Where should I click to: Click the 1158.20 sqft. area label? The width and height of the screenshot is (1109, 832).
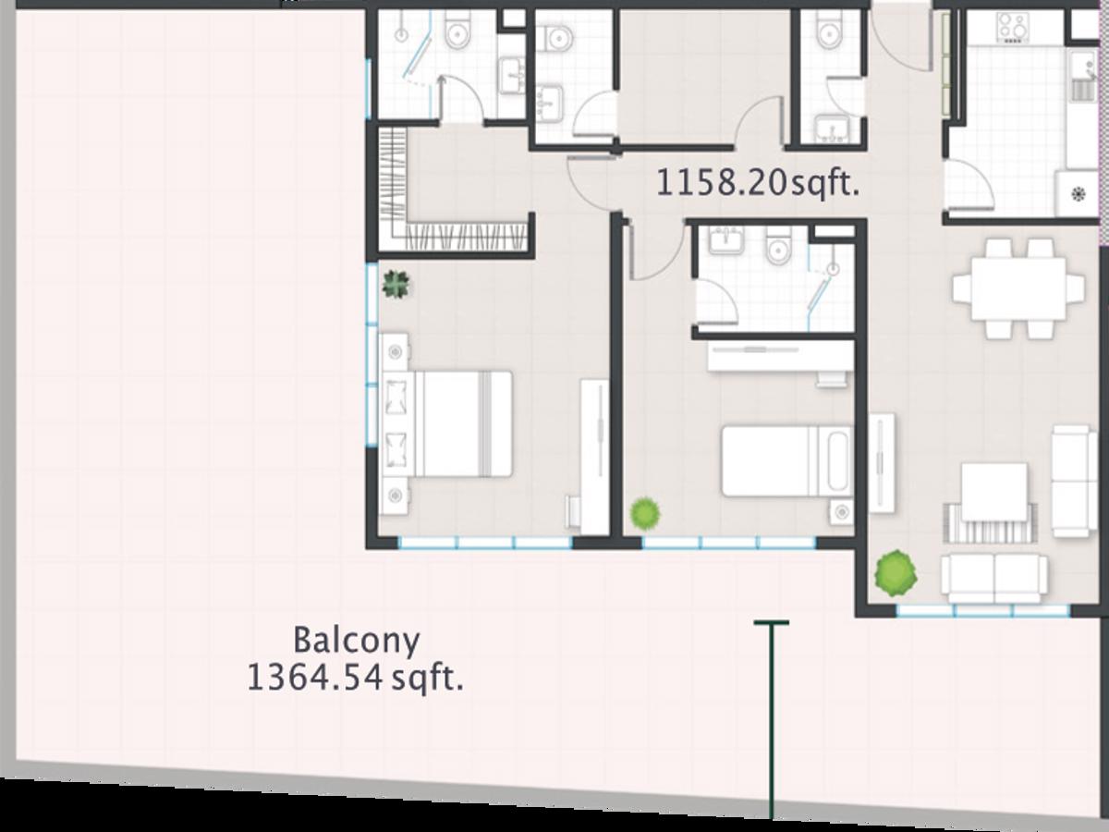pyautogui.click(x=757, y=183)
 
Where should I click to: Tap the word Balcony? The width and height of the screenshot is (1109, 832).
pyautogui.click(x=356, y=641)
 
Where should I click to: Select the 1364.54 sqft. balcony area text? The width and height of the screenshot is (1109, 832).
pyautogui.click(x=355, y=679)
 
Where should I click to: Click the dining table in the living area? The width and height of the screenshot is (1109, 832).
pyautogui.click(x=1018, y=288)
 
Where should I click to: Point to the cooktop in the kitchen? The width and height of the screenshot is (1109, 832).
pyautogui.click(x=1013, y=28)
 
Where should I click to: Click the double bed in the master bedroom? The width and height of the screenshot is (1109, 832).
pyautogui.click(x=447, y=423)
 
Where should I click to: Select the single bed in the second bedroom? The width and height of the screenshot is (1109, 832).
pyautogui.click(x=787, y=460)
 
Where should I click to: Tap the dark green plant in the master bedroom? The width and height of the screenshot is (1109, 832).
pyautogui.click(x=396, y=285)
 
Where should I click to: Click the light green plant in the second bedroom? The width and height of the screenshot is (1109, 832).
pyautogui.click(x=645, y=513)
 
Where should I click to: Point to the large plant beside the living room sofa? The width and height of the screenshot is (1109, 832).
pyautogui.click(x=896, y=573)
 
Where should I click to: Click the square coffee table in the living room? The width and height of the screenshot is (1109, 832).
pyautogui.click(x=994, y=492)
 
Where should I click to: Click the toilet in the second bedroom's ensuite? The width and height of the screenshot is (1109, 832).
pyautogui.click(x=777, y=244)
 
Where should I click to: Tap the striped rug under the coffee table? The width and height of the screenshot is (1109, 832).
pyautogui.click(x=991, y=523)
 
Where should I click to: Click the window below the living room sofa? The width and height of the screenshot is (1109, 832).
pyautogui.click(x=982, y=610)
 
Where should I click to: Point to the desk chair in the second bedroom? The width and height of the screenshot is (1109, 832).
pyautogui.click(x=832, y=379)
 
